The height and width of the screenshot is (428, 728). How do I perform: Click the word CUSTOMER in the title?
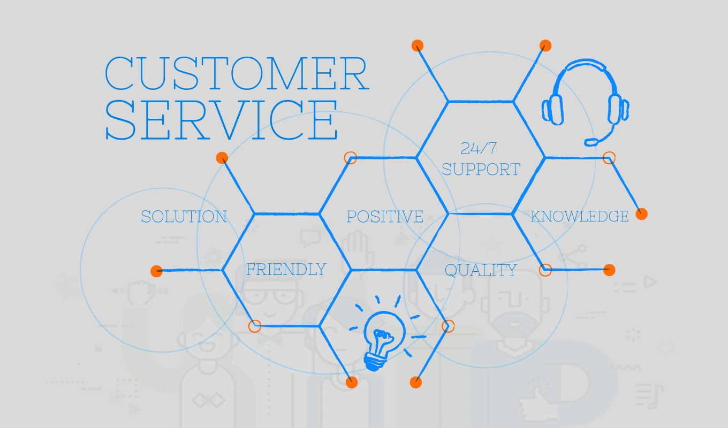(237, 73)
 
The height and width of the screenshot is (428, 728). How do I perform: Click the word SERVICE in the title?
(221, 120)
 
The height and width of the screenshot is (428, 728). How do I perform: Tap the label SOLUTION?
(184, 217)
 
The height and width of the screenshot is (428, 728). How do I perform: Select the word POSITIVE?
(385, 217)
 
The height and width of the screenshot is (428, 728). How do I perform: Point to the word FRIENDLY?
(286, 269)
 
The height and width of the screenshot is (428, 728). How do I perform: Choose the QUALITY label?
(481, 270)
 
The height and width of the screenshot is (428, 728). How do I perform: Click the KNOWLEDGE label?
(580, 216)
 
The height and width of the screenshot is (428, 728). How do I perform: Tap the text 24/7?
(479, 148)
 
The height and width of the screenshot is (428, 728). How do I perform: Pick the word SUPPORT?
(481, 169)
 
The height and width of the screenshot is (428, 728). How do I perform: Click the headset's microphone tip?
(591, 142)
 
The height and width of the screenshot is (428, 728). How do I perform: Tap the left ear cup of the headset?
(552, 110)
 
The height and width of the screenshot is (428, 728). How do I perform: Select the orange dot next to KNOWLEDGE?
(641, 214)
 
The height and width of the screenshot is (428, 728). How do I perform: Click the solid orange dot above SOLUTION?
(222, 158)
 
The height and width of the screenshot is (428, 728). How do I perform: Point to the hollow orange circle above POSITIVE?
(350, 158)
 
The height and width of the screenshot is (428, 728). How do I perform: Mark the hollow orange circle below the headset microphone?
(609, 158)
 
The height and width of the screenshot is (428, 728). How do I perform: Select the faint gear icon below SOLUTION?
(213, 257)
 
